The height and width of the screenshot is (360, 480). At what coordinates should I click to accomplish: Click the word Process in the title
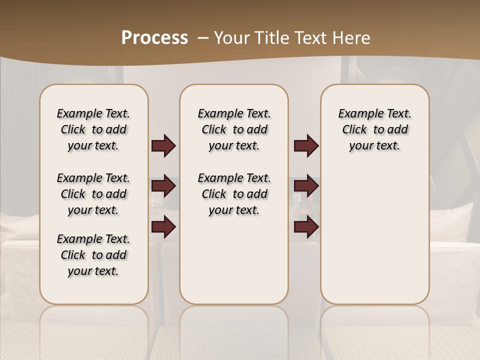coord(154,38)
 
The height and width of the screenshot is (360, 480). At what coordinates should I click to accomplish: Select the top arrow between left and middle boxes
coord(163,146)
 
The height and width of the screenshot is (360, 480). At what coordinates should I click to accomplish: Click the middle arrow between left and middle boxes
coord(163,186)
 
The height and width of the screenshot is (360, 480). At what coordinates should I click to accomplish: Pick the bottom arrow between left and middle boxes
coord(163,227)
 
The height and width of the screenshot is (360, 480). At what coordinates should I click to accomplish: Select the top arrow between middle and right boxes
coord(306,146)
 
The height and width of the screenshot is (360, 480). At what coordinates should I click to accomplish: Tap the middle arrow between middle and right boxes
coord(306,186)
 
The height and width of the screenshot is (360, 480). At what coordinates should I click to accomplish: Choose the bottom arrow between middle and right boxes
coord(306,227)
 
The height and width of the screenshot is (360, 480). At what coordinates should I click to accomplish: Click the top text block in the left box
coord(93,129)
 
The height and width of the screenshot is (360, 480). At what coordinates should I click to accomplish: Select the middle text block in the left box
coord(93,194)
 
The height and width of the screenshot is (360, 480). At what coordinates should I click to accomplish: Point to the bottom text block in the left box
coord(93,255)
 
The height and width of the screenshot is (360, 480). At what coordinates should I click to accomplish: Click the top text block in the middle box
coord(234,129)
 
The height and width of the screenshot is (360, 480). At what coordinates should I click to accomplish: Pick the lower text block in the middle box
coord(234,194)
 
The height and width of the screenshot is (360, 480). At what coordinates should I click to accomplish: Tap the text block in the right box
coord(374,129)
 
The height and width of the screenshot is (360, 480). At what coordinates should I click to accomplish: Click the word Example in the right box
coord(358,114)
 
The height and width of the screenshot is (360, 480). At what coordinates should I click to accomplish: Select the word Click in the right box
coord(354,130)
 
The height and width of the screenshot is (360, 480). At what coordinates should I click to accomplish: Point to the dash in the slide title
coord(203,38)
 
